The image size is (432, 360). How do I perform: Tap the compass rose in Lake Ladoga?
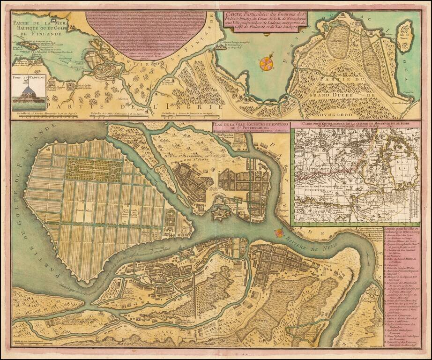coord(266,62)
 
